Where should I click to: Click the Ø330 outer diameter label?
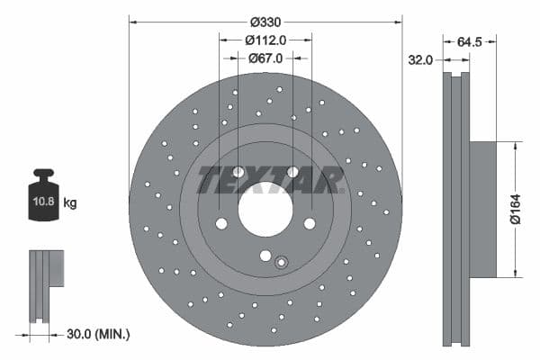click(x=265, y=21)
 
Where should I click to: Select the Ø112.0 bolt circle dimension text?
click(x=265, y=40)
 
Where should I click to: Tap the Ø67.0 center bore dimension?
click(x=265, y=58)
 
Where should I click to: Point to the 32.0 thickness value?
click(x=420, y=59)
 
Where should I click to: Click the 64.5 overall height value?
click(x=471, y=40)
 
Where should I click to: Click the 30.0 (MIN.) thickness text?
click(x=100, y=334)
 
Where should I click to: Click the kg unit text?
click(x=70, y=203)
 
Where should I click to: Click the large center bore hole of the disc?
click(x=265, y=210)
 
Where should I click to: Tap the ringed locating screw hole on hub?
click(x=281, y=263)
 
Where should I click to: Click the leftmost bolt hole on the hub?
click(x=221, y=223)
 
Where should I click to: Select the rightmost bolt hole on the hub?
click(x=309, y=223)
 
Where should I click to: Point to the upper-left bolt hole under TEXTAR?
click(x=238, y=172)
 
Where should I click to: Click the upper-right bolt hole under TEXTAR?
click(x=292, y=172)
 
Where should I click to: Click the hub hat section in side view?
click(x=482, y=209)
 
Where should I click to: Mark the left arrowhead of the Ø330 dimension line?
click(x=132, y=21)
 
